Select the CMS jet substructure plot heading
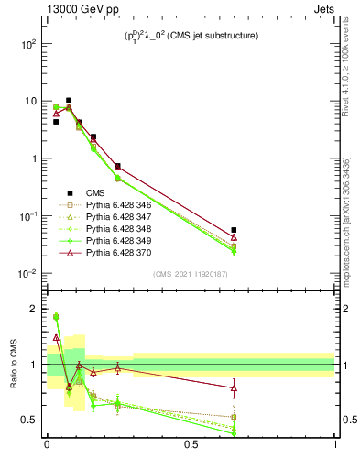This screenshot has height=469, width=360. click(x=191, y=36)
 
